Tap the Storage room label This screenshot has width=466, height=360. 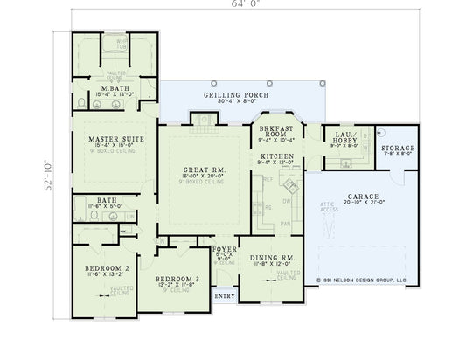[x=397, y=149]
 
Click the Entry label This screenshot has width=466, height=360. [x=225, y=295]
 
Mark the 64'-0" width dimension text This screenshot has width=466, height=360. [x=233, y=3]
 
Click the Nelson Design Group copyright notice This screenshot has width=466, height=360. [x=363, y=281]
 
